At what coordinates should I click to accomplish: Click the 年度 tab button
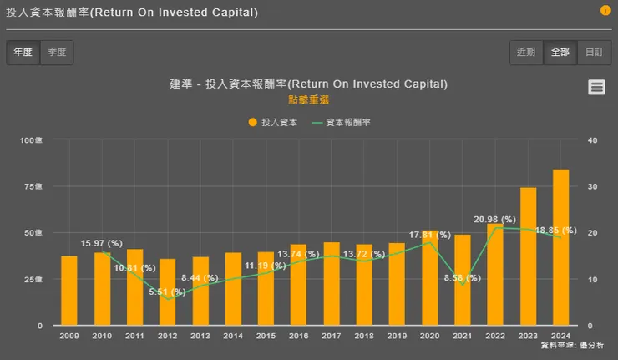23,53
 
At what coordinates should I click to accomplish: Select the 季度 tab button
57,53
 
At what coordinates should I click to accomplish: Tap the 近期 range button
526,53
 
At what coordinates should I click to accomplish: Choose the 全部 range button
560,53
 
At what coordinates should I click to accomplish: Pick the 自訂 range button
594,53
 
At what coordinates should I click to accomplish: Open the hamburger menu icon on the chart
595,87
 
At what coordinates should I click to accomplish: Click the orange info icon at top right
605,11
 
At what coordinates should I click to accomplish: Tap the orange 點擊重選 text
308,99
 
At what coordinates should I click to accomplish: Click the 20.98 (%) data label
495,219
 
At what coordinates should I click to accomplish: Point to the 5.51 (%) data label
170,292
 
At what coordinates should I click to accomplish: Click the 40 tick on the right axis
592,140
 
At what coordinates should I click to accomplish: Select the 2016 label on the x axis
298,336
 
